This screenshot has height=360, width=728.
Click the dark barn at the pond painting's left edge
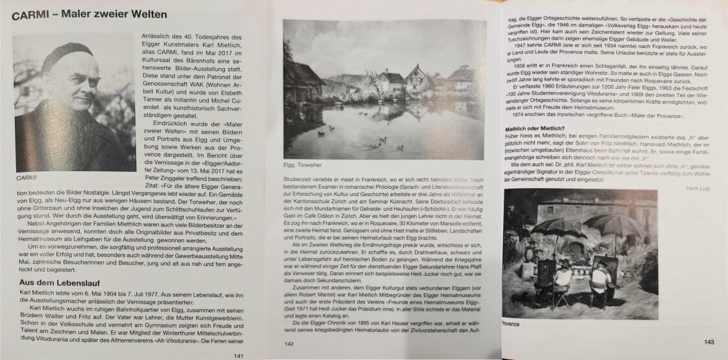[302, 81]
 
